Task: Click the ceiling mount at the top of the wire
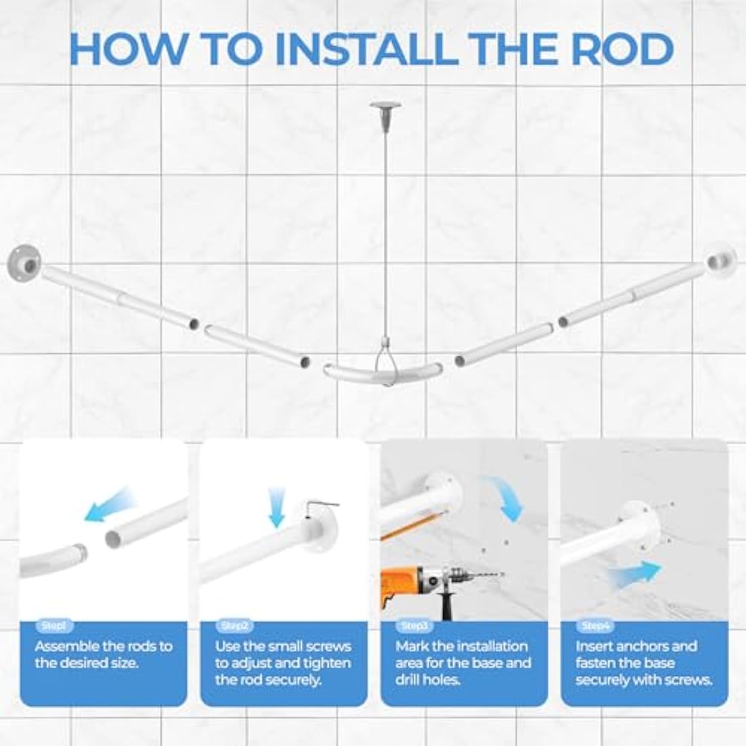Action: [385, 109]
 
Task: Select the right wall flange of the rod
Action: [722, 261]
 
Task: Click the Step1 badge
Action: [54, 626]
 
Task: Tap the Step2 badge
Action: [234, 626]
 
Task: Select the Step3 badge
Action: [414, 626]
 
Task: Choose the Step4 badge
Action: [595, 626]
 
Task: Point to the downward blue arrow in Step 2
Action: [277, 508]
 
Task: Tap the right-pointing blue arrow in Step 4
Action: [634, 573]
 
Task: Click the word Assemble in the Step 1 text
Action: [64, 646]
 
